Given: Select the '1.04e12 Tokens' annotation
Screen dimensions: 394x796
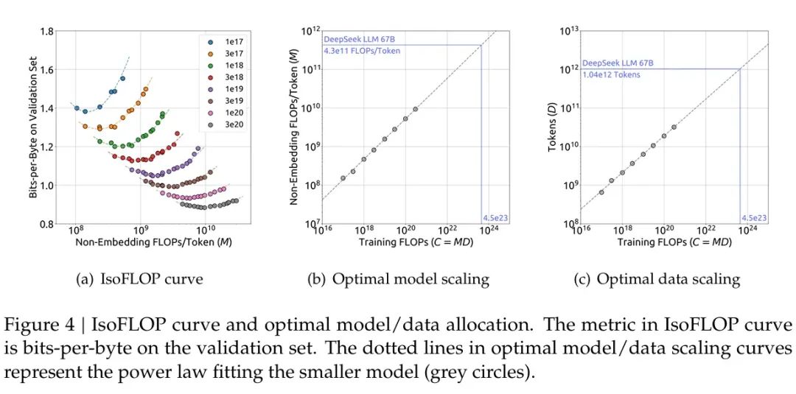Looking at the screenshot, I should coord(611,74).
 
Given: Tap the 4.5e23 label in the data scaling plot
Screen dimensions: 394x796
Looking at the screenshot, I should coord(754,218).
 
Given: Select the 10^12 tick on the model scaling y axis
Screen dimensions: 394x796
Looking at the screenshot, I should coord(311,31).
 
